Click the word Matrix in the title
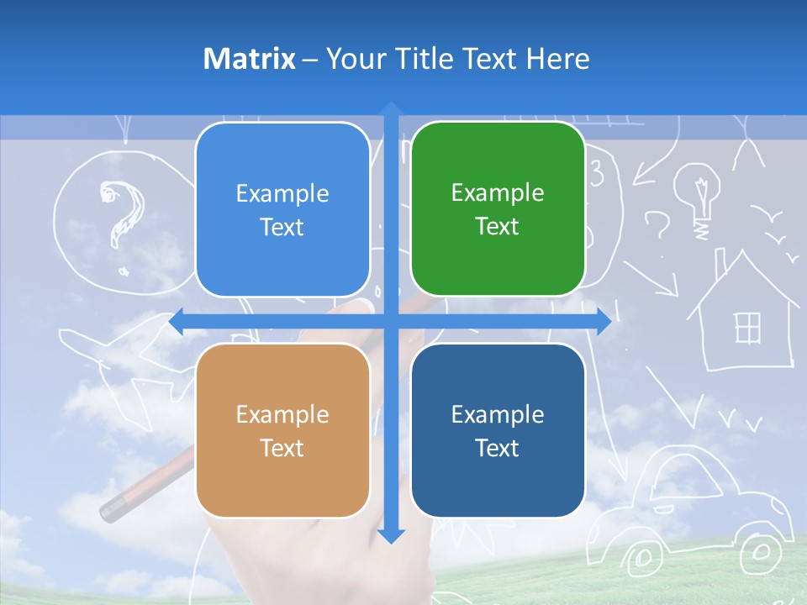(x=249, y=59)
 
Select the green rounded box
(x=497, y=208)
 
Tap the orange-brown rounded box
(x=282, y=430)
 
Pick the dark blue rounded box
(x=497, y=430)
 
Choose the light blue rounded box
(x=282, y=209)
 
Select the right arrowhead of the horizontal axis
(x=604, y=322)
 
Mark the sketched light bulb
(x=699, y=192)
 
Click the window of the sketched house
(x=747, y=328)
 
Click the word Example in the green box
(x=497, y=192)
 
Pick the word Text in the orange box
(x=282, y=448)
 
